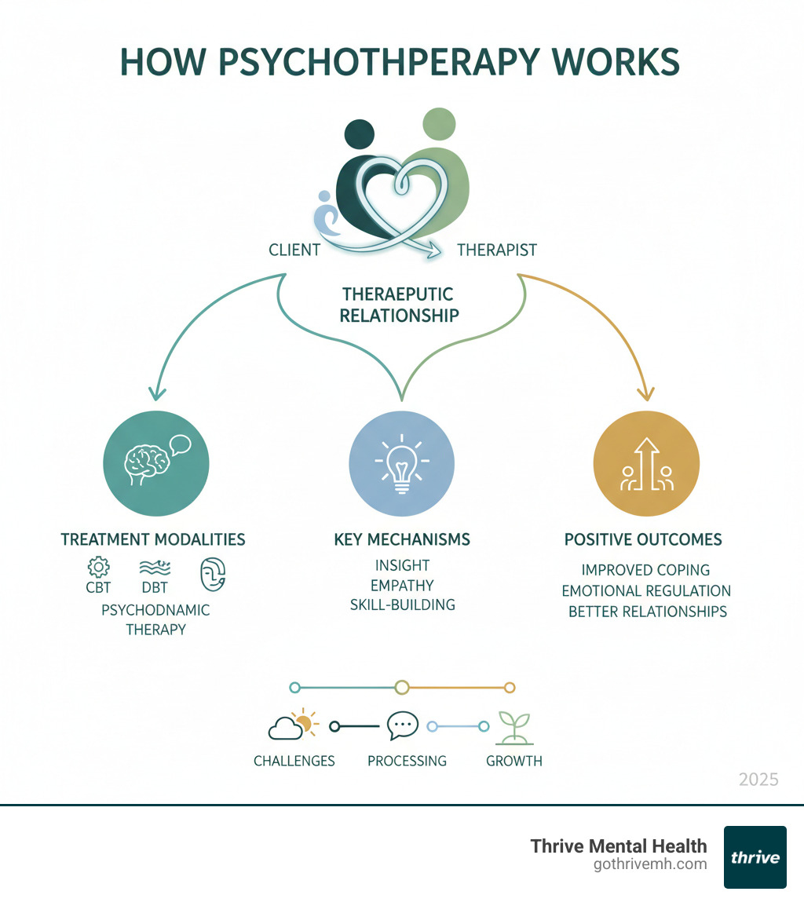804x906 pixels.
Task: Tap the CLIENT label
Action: (x=294, y=250)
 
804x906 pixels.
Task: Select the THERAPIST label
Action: (x=497, y=250)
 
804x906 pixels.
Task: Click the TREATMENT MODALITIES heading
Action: (x=153, y=539)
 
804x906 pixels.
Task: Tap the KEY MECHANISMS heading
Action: (x=401, y=539)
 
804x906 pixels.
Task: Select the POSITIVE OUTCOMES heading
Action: (x=643, y=540)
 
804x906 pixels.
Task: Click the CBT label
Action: (x=98, y=587)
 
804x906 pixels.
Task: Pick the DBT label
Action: (x=155, y=587)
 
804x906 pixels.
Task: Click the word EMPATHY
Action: (x=401, y=585)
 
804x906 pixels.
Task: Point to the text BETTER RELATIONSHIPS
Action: (x=648, y=611)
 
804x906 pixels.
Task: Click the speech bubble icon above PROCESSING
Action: (x=403, y=725)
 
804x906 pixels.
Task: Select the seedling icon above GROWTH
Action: (x=513, y=727)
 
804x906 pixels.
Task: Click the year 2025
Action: (x=758, y=779)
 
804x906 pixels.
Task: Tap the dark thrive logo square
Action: (x=755, y=857)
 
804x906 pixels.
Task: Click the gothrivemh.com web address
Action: (x=651, y=864)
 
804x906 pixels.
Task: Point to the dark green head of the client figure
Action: (x=359, y=134)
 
